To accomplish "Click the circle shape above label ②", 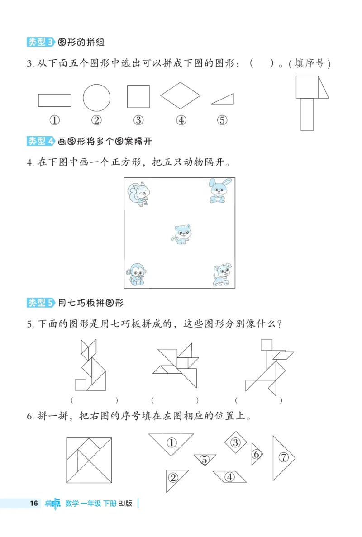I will (x=96, y=97).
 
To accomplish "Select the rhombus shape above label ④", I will (x=180, y=95).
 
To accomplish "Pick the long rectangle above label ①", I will (x=54, y=100).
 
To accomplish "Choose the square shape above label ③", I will (x=138, y=96).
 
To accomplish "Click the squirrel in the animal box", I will (x=138, y=194).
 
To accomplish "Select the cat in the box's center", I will (x=181, y=234).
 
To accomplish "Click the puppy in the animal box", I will (x=222, y=275).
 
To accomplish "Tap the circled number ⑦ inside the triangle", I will (x=284, y=457).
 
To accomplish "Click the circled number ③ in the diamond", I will (x=235, y=443).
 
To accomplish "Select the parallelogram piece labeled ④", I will (x=229, y=476).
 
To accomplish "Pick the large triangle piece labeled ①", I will (x=171, y=443).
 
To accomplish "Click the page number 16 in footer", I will (x=33, y=503).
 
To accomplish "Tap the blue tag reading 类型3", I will (x=41, y=43).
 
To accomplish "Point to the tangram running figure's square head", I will (x=267, y=345).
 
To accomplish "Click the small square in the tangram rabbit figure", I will (x=81, y=385).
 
